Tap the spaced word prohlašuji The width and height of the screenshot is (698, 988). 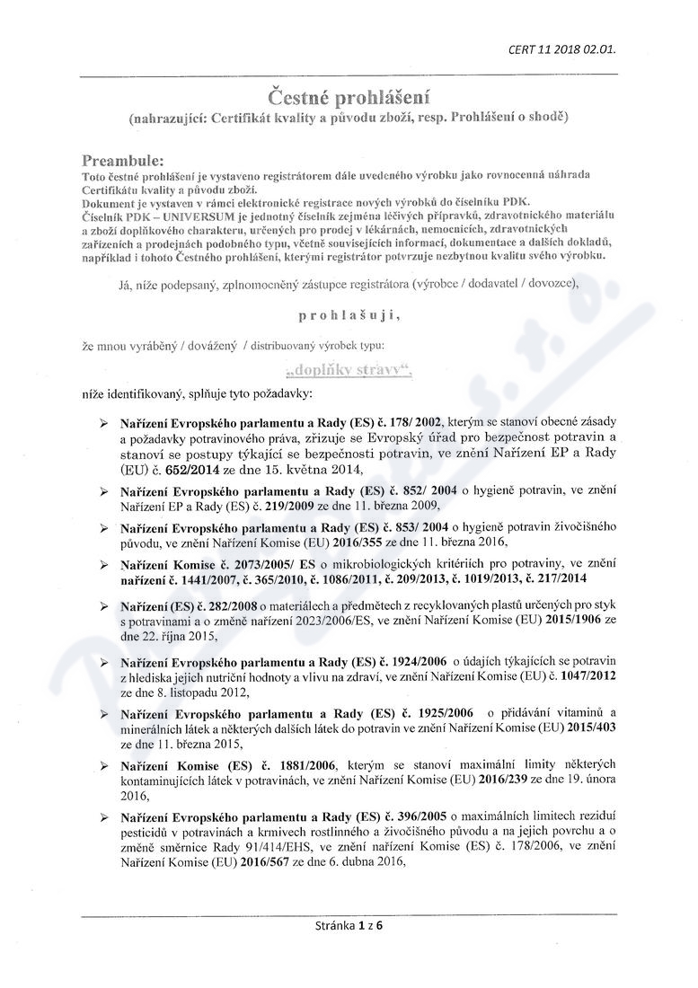pos(346,315)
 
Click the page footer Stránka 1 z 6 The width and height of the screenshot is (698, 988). pos(349,922)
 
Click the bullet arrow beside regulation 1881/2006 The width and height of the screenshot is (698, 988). pos(104,764)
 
